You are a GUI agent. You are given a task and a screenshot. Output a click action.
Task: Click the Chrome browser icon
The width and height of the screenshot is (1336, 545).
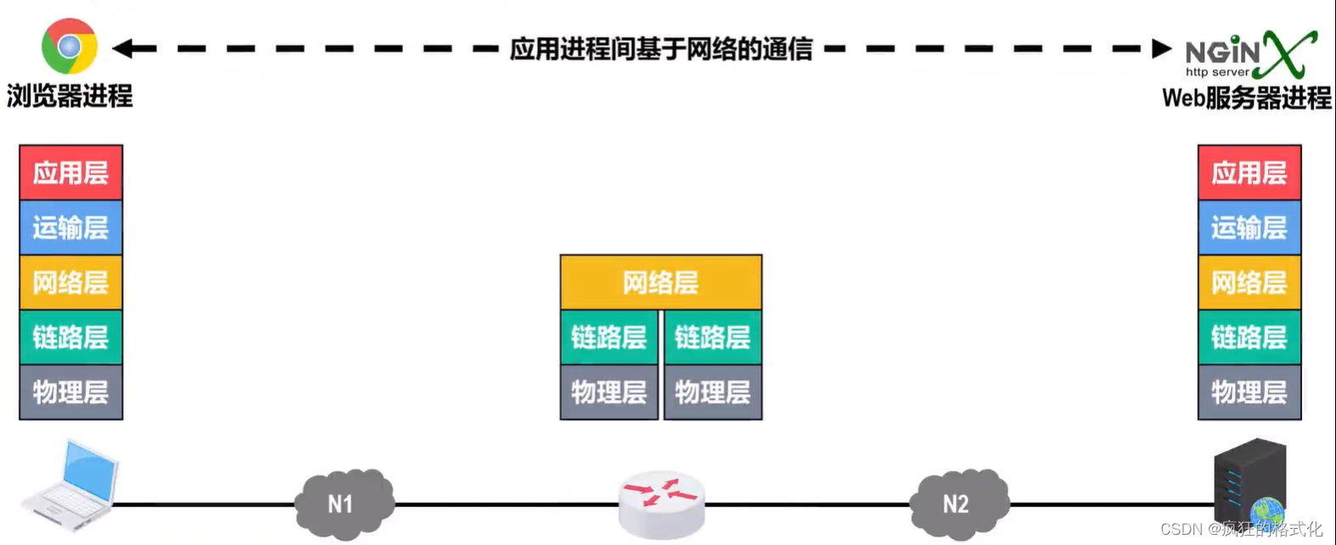click(x=70, y=46)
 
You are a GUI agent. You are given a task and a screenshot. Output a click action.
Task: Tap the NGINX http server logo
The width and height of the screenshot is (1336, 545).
click(x=1250, y=54)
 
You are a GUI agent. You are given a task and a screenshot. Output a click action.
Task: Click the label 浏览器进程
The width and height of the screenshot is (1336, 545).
click(x=70, y=96)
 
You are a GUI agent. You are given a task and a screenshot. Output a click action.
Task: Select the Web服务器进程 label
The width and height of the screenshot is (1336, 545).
click(x=1246, y=98)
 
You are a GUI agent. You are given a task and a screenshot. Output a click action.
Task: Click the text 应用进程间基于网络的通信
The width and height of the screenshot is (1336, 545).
click(x=661, y=49)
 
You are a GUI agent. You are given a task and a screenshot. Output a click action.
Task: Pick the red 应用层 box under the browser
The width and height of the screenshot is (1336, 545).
click(x=71, y=173)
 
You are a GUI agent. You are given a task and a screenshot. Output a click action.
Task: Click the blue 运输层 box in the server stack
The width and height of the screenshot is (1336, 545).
click(x=1249, y=228)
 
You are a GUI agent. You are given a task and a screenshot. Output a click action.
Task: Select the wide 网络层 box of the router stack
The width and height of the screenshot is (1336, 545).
click(x=661, y=282)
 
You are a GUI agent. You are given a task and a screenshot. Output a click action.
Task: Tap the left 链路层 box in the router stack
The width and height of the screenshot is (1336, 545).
click(x=609, y=338)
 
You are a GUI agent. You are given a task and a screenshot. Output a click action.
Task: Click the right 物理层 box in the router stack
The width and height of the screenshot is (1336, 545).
click(x=713, y=392)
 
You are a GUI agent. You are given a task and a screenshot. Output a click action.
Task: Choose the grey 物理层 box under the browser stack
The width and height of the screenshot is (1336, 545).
click(x=71, y=392)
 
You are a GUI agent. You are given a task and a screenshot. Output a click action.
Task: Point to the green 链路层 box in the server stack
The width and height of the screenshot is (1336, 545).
click(x=1249, y=338)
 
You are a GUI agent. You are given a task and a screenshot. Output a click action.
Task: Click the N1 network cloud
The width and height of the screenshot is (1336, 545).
click(x=343, y=503)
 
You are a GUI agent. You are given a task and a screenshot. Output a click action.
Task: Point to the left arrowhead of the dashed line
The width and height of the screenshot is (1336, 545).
click(x=122, y=48)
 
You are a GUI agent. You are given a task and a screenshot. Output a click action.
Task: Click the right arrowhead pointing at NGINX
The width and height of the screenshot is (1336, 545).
click(x=1161, y=48)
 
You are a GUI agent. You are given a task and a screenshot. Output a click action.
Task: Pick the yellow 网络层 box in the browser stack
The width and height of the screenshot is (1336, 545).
click(x=71, y=282)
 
